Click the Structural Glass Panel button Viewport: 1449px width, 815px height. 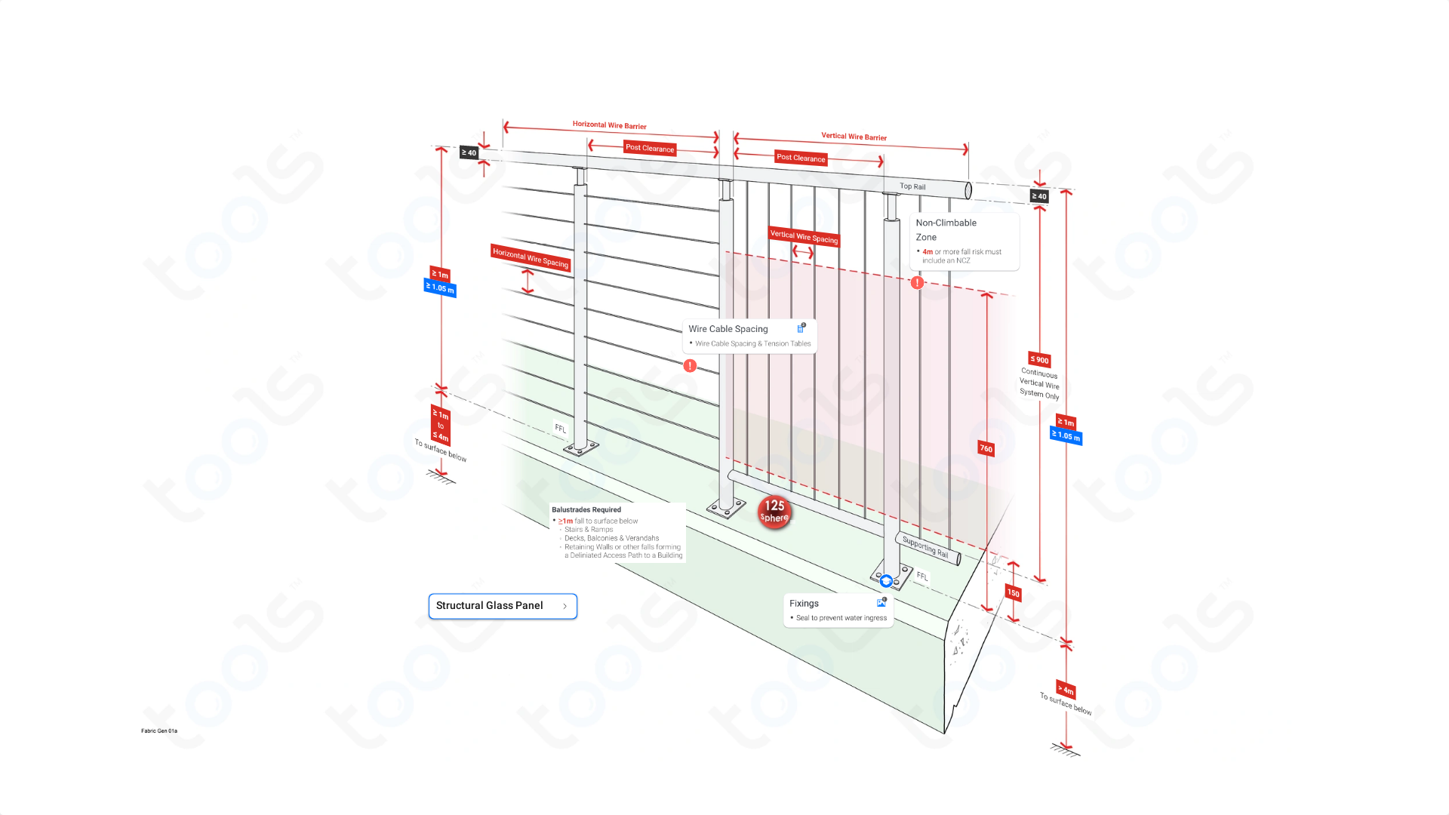pos(502,606)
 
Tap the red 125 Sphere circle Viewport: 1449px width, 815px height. pos(774,511)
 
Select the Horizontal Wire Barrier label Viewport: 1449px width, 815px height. pos(609,125)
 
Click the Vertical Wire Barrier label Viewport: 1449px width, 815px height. pos(854,137)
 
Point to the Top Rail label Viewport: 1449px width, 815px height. pos(912,186)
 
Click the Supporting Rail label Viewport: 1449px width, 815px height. pos(925,547)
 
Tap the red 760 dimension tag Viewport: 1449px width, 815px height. pos(986,449)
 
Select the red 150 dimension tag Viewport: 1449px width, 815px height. pos(1013,593)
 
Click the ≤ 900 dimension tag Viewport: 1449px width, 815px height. pos(1039,360)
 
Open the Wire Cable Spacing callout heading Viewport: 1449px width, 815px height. pos(728,329)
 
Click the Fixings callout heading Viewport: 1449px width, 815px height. pos(804,604)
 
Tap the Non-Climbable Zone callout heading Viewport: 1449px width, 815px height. pos(946,229)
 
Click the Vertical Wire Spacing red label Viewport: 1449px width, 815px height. pos(804,236)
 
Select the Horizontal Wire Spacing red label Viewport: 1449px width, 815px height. pos(530,257)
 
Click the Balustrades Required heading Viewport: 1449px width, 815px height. pos(586,510)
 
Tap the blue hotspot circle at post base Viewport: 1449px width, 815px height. pos(886,581)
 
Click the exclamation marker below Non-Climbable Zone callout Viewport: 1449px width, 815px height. pos(917,283)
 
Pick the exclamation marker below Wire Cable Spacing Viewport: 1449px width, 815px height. pos(690,366)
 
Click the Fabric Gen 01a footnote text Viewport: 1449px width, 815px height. pos(159,730)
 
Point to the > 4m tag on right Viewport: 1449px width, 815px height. pos(1066,689)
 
